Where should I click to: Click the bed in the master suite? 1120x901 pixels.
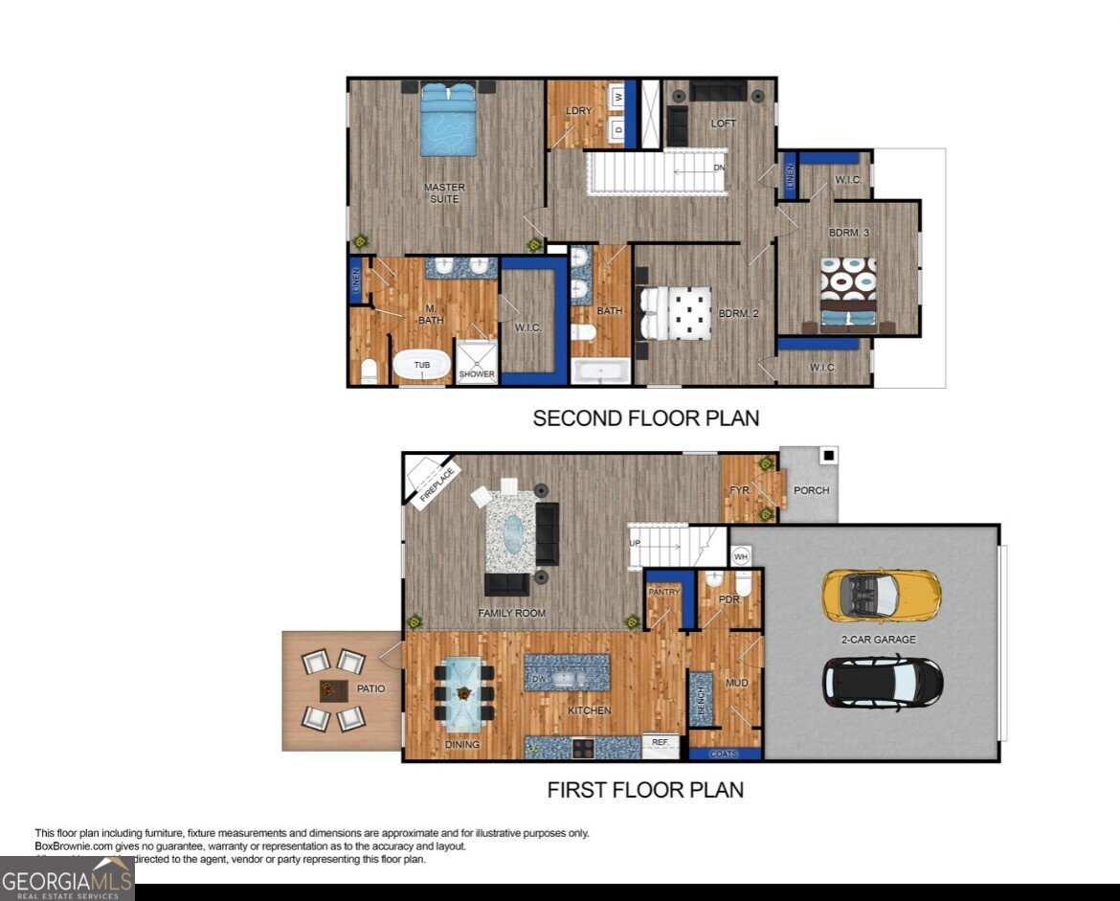coord(448,119)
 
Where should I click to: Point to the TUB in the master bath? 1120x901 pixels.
coord(421,366)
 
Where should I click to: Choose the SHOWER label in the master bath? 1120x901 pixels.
coord(477,373)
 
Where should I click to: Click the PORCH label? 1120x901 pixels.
coord(811,490)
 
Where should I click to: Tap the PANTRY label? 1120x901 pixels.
coord(663,592)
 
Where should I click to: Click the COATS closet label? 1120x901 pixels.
coord(725,754)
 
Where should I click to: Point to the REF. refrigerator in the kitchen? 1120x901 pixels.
coord(660,741)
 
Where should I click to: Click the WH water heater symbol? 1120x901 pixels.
coord(740,555)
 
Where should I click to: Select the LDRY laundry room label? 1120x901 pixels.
coord(578,111)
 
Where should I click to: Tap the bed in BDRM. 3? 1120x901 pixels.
coord(848,293)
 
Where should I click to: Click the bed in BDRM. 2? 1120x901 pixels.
coord(676,313)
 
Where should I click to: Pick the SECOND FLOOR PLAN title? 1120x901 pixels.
coord(645,418)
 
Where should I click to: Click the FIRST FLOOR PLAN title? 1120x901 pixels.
coord(645,790)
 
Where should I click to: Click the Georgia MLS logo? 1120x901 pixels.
coord(67,878)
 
